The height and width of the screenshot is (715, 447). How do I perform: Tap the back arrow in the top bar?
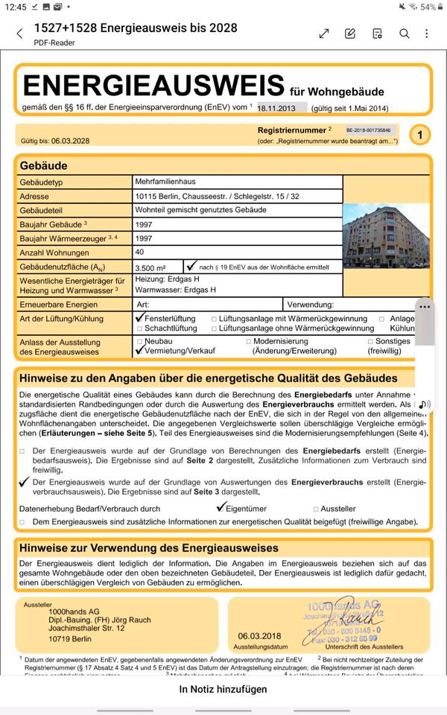(x=19, y=34)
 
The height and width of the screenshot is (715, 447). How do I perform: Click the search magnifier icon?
(x=404, y=34)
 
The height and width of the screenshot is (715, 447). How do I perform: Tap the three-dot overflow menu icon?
(x=427, y=34)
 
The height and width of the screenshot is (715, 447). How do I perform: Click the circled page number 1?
(x=420, y=135)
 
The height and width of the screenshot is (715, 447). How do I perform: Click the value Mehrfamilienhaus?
(x=165, y=181)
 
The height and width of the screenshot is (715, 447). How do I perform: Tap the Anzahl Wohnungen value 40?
(x=140, y=252)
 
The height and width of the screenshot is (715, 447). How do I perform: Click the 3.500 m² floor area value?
(x=150, y=267)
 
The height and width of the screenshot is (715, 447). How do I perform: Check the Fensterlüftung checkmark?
(x=139, y=317)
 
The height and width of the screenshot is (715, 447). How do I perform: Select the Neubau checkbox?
(x=139, y=341)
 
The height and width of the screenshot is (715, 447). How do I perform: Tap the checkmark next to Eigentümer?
(x=221, y=508)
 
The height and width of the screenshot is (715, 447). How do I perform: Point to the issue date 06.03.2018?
(x=259, y=635)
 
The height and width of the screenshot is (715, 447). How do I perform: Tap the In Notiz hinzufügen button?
(x=223, y=690)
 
